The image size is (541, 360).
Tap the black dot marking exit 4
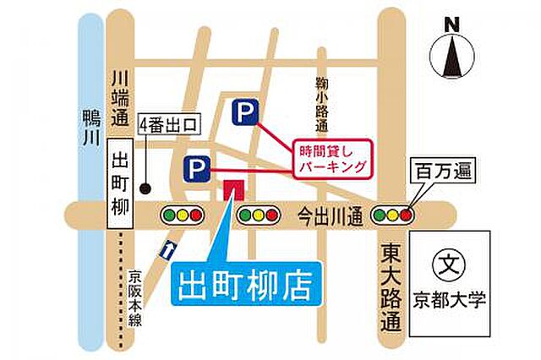146,187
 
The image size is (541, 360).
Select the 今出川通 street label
334,216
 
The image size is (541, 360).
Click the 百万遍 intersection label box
440,172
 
